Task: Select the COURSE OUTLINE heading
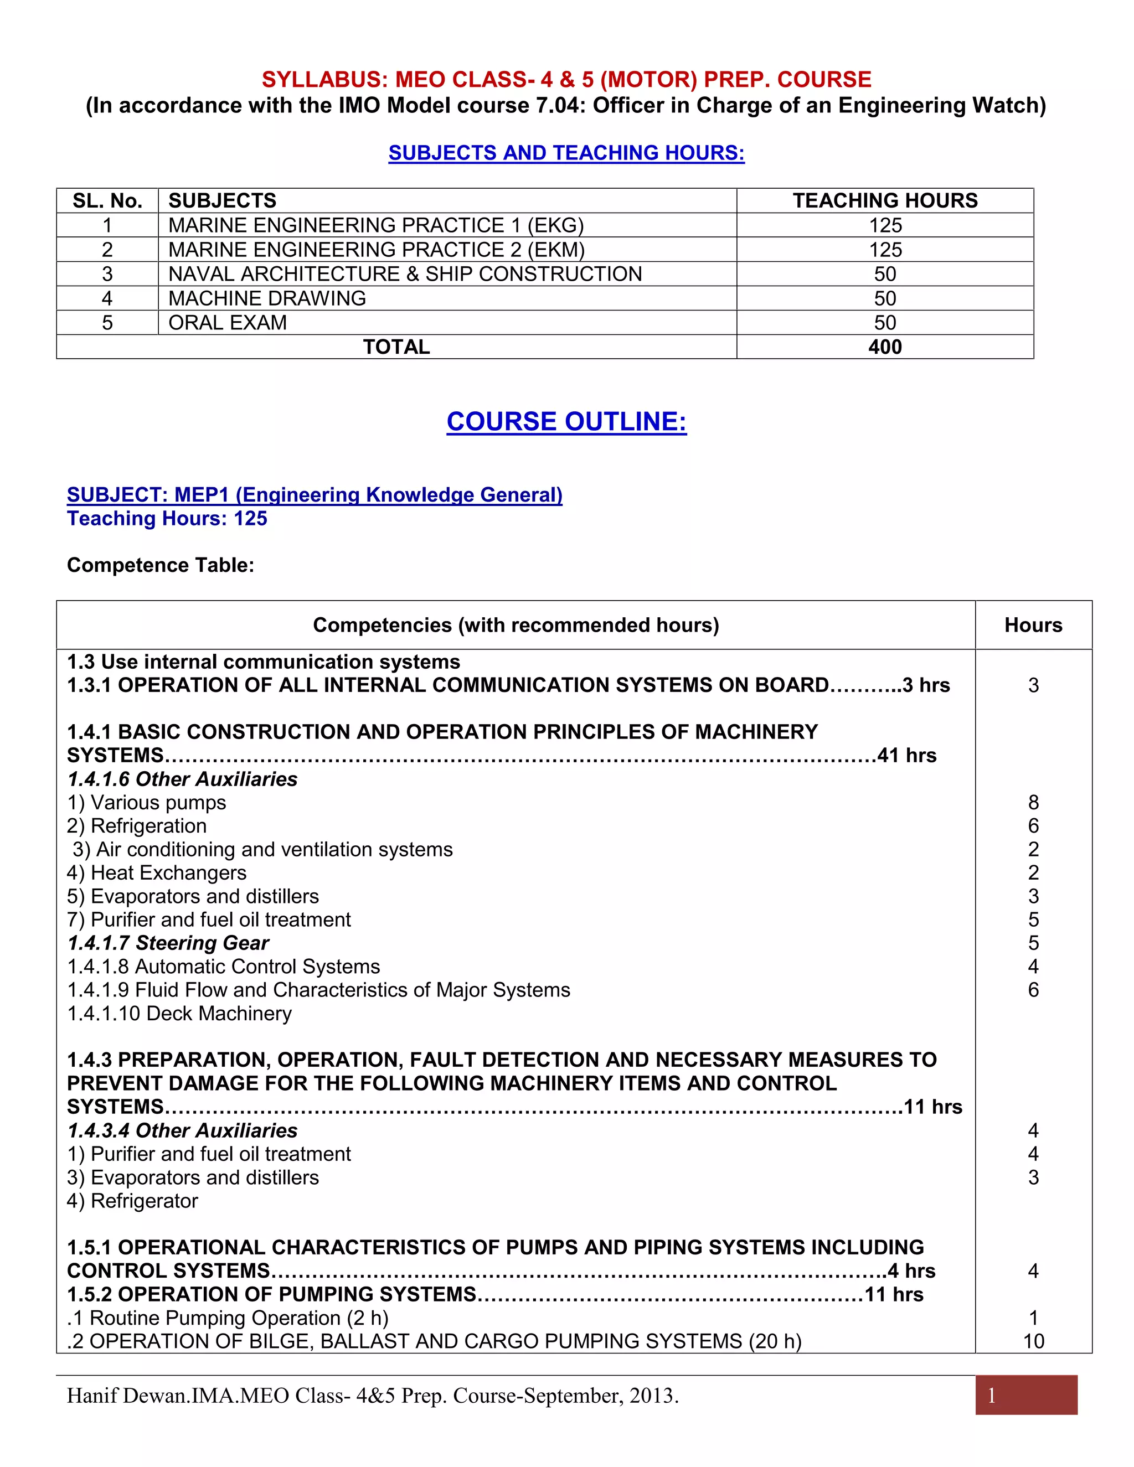566,421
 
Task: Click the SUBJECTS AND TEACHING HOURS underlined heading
566,153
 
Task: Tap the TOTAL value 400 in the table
885,347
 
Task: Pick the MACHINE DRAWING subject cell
267,298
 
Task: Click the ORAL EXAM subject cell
228,322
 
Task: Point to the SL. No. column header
107,201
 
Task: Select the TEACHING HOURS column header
885,201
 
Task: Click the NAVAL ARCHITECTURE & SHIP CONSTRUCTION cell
405,274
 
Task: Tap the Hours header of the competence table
1033,626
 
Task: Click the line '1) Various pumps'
146,803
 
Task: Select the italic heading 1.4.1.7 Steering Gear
168,943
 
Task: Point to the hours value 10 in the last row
1033,1341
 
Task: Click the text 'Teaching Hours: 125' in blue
167,519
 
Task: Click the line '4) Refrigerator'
132,1201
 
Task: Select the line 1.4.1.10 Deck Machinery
179,1014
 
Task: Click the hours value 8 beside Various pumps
1033,803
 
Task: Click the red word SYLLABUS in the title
321,80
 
